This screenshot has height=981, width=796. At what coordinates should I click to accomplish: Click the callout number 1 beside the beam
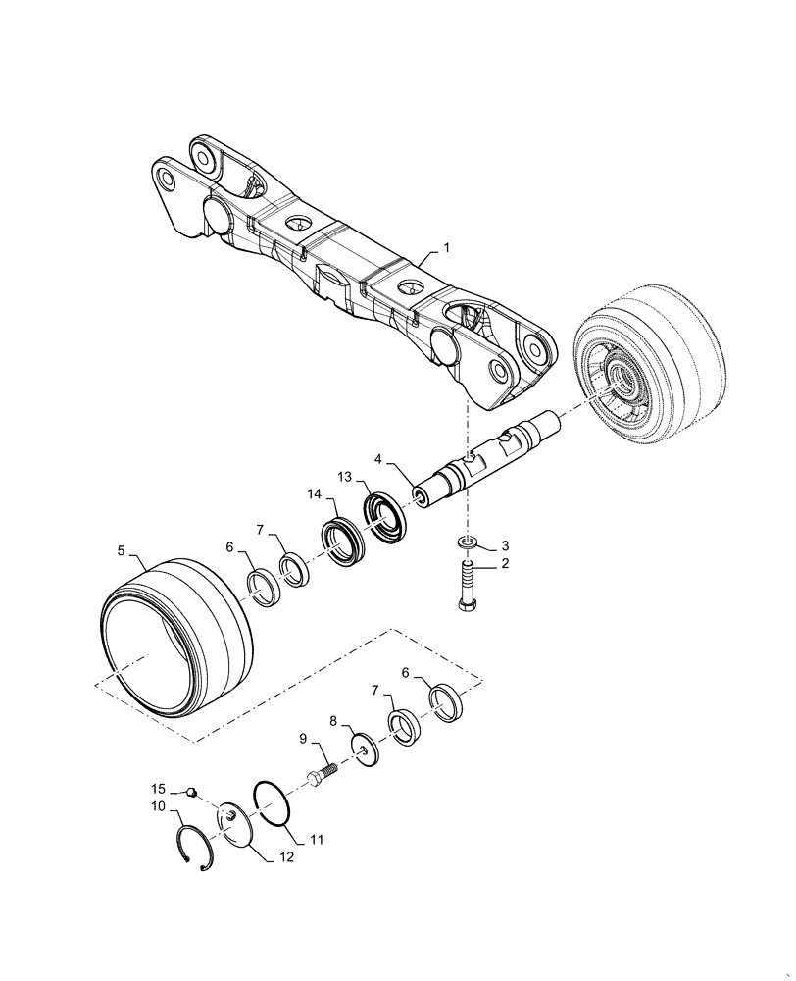(447, 250)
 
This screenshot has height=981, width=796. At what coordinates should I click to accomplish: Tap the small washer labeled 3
(468, 542)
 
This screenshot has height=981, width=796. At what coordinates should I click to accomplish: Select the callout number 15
(158, 789)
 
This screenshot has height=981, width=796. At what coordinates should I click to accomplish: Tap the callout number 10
(158, 806)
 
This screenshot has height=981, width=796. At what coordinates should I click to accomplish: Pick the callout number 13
(343, 477)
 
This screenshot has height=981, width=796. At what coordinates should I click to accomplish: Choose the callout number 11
(317, 840)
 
